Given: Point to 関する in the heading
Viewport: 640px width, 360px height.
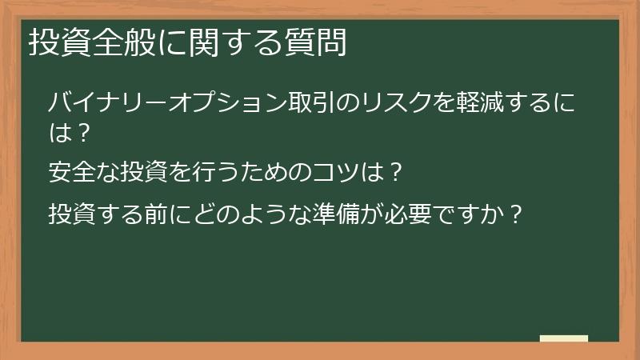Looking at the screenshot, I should click(221, 43).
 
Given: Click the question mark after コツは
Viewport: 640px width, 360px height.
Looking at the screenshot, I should click(391, 172).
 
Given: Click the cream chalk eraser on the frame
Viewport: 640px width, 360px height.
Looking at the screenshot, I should click(563, 339).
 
